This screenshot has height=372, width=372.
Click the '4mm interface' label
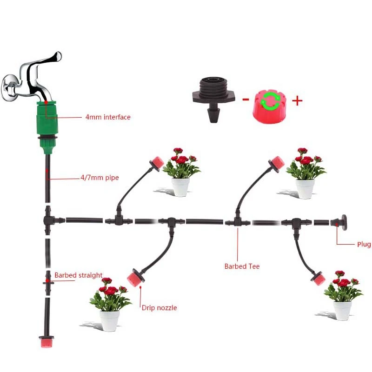(x=108, y=117)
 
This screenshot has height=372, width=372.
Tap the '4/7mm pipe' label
(x=100, y=178)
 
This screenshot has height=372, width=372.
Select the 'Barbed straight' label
(x=78, y=275)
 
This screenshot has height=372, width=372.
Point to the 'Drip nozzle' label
(x=159, y=308)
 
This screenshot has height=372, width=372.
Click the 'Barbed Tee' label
(x=242, y=266)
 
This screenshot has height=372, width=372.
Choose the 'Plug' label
(x=364, y=245)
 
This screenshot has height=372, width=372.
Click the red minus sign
(x=246, y=100)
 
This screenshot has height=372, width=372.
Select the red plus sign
(x=297, y=101)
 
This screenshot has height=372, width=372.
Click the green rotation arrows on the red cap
(x=270, y=101)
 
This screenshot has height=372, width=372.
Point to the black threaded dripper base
(x=214, y=99)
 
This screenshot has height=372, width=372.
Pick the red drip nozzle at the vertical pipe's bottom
(x=46, y=342)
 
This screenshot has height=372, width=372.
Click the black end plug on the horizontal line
(x=339, y=222)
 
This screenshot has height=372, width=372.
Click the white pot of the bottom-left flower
(x=109, y=321)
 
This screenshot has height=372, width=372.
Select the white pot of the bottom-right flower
(x=342, y=310)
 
